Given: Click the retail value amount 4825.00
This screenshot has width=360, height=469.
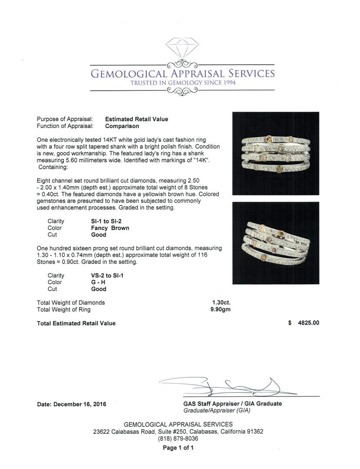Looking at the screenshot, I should click(x=307, y=323).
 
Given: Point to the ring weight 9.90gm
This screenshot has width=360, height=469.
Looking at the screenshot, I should click(x=220, y=310).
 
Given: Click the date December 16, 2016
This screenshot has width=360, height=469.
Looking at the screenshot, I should click(x=72, y=404).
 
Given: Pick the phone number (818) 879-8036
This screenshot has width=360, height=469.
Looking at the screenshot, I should click(x=178, y=439).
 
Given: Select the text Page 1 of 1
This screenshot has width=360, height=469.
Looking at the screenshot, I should click(x=178, y=448).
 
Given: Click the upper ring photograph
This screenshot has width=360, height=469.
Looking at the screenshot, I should click(x=276, y=153).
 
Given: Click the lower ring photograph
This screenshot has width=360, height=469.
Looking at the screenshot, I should click(x=276, y=243).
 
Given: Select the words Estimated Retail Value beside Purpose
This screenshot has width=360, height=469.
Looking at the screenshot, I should click(x=136, y=119).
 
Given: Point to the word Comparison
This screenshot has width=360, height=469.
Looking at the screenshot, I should click(x=122, y=126).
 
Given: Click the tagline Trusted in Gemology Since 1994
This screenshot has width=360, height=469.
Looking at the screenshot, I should click(x=183, y=83).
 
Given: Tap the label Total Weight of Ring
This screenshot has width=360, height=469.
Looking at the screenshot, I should click(x=64, y=310).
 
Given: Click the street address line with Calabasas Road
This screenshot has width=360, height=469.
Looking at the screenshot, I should click(x=178, y=432).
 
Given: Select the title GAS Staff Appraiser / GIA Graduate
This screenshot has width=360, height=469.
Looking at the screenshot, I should click(x=232, y=403).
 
